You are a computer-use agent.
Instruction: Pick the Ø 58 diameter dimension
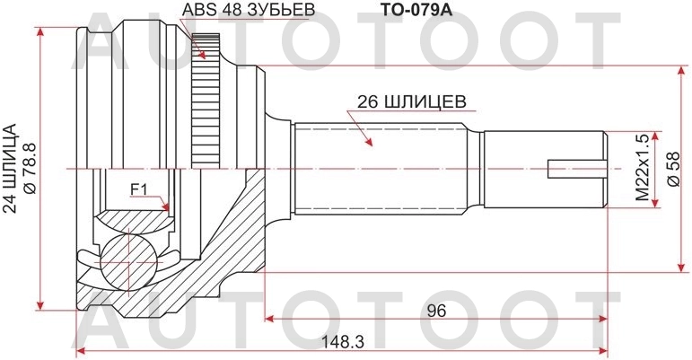pos(673,169)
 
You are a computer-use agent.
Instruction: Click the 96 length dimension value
pos(436,311)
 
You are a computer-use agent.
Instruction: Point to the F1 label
pos(138,189)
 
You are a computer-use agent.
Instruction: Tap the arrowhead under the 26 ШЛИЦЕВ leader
pos(367,143)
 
